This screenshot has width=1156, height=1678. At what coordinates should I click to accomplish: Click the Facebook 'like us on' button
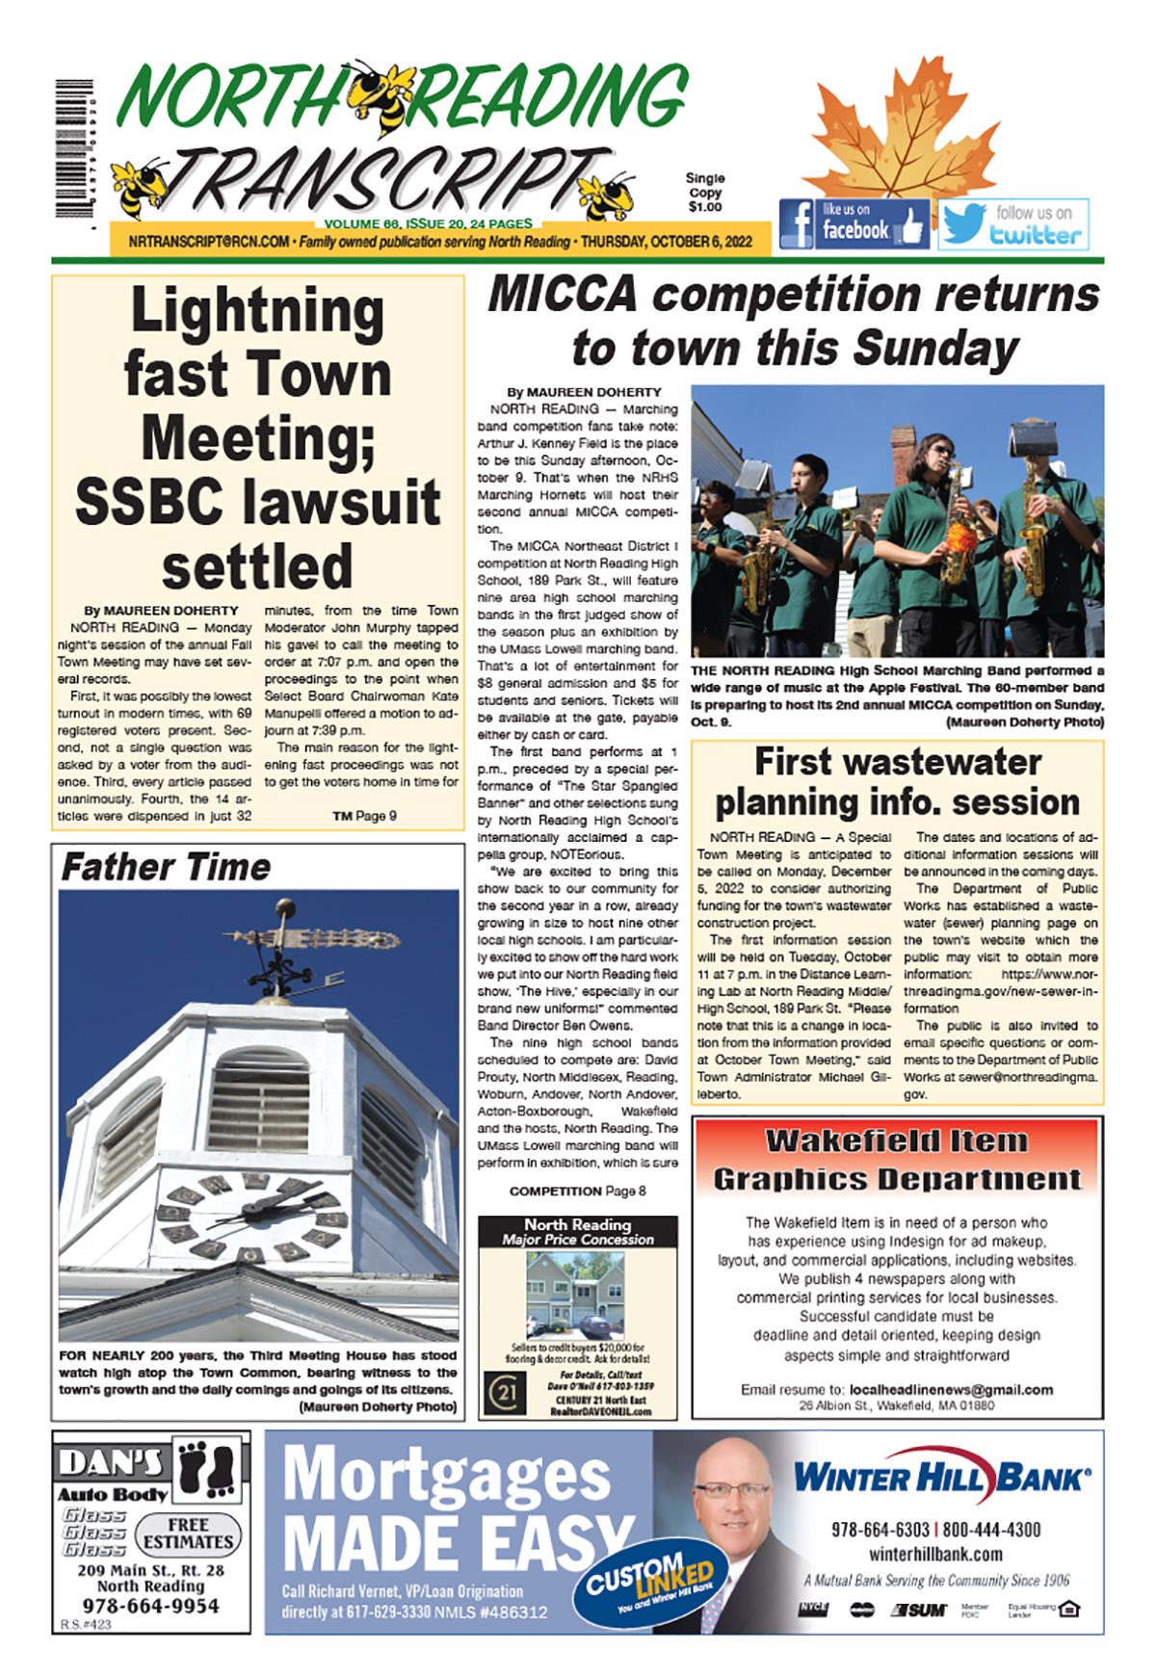pyautogui.click(x=854, y=223)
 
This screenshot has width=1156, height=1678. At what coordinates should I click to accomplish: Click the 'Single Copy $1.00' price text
pyautogui.click(x=705, y=193)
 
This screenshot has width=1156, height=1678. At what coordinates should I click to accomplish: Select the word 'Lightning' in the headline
pyautogui.click(x=257, y=311)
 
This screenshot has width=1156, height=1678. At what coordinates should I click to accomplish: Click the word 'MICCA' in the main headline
pyautogui.click(x=563, y=295)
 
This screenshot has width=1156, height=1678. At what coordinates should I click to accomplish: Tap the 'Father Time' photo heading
pyautogui.click(x=166, y=867)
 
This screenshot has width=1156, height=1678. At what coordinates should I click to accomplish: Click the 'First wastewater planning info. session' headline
pyautogui.click(x=897, y=781)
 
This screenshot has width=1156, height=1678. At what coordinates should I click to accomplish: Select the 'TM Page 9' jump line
pyautogui.click(x=364, y=816)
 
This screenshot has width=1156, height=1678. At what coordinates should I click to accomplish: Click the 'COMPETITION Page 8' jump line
pyautogui.click(x=577, y=1191)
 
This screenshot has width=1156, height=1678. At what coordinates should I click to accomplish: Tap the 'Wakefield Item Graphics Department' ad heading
pyautogui.click(x=897, y=1160)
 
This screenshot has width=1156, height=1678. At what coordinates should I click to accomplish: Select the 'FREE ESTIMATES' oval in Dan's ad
pyautogui.click(x=188, y=1534)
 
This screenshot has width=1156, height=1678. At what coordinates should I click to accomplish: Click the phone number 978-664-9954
pyautogui.click(x=150, y=1606)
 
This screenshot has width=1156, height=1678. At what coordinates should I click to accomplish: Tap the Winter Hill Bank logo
pyautogui.click(x=941, y=1477)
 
